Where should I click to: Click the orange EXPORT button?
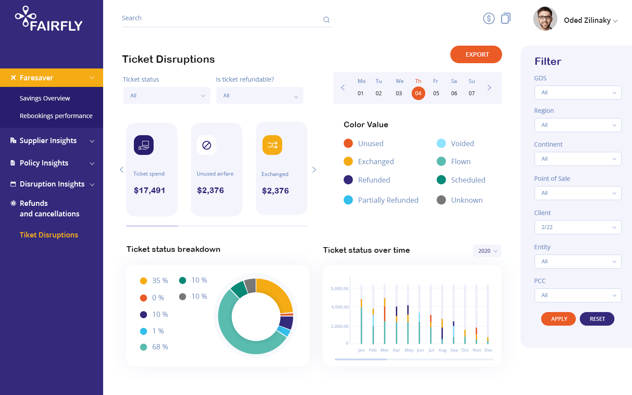tap(476, 54)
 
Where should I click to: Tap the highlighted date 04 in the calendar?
tap(418, 93)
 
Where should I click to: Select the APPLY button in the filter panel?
tap(559, 319)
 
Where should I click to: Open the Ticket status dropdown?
tap(167, 96)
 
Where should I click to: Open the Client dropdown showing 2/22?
tap(578, 227)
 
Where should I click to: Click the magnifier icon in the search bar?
tap(327, 20)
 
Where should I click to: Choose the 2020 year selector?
tap(487, 251)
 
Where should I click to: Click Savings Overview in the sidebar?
tap(45, 98)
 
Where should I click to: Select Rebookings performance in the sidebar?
tap(56, 116)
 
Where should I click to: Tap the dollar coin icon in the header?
tap(489, 18)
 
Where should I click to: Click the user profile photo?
tap(545, 19)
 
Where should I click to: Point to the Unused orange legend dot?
tap(348, 144)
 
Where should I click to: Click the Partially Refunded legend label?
tap(388, 200)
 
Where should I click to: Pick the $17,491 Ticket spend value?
tap(150, 190)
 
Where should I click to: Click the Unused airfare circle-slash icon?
tap(207, 145)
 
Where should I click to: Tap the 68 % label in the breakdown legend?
tap(160, 347)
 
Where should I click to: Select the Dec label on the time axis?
tap(488, 350)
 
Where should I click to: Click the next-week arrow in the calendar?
tap(489, 88)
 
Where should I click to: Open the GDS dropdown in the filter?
tap(578, 93)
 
